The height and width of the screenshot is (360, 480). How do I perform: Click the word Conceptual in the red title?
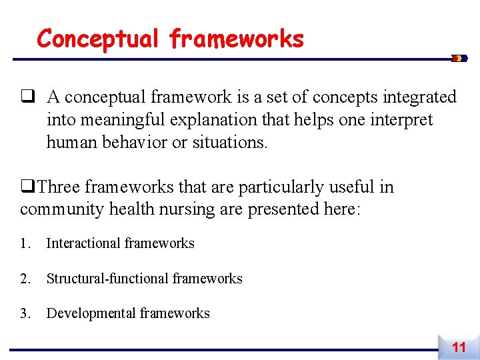[99, 39]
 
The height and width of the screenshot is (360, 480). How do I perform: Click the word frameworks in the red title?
[237, 39]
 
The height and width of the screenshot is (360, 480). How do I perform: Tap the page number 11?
[459, 347]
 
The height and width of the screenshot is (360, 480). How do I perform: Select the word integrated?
[415, 97]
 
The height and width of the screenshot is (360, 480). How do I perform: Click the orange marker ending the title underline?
[459, 59]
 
